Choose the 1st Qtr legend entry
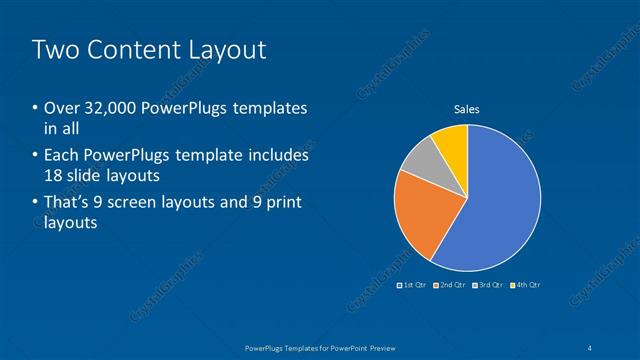[413, 285]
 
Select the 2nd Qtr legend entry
[450, 285]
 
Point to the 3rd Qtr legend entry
[487, 285]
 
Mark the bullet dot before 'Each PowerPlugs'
[36, 157]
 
